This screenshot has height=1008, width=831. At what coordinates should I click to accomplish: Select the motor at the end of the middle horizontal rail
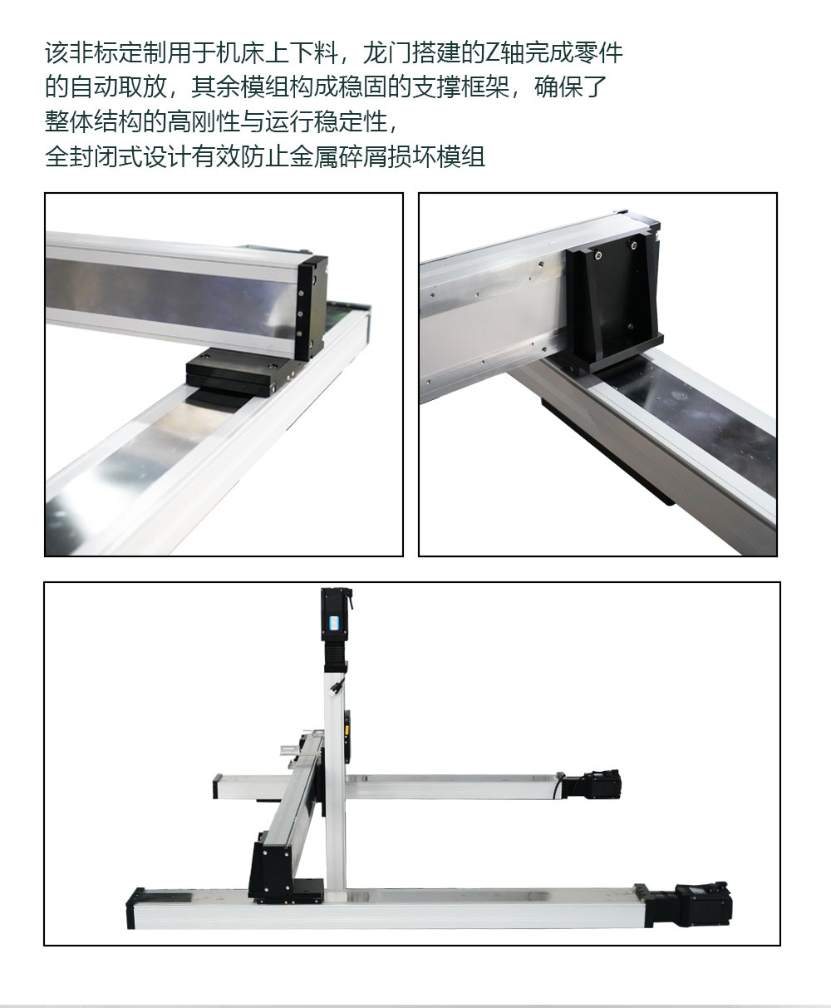coord(592,784)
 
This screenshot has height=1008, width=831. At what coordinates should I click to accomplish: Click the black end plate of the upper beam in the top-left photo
coord(312,308)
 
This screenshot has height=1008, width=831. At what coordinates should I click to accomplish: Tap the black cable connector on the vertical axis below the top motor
coord(337,686)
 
